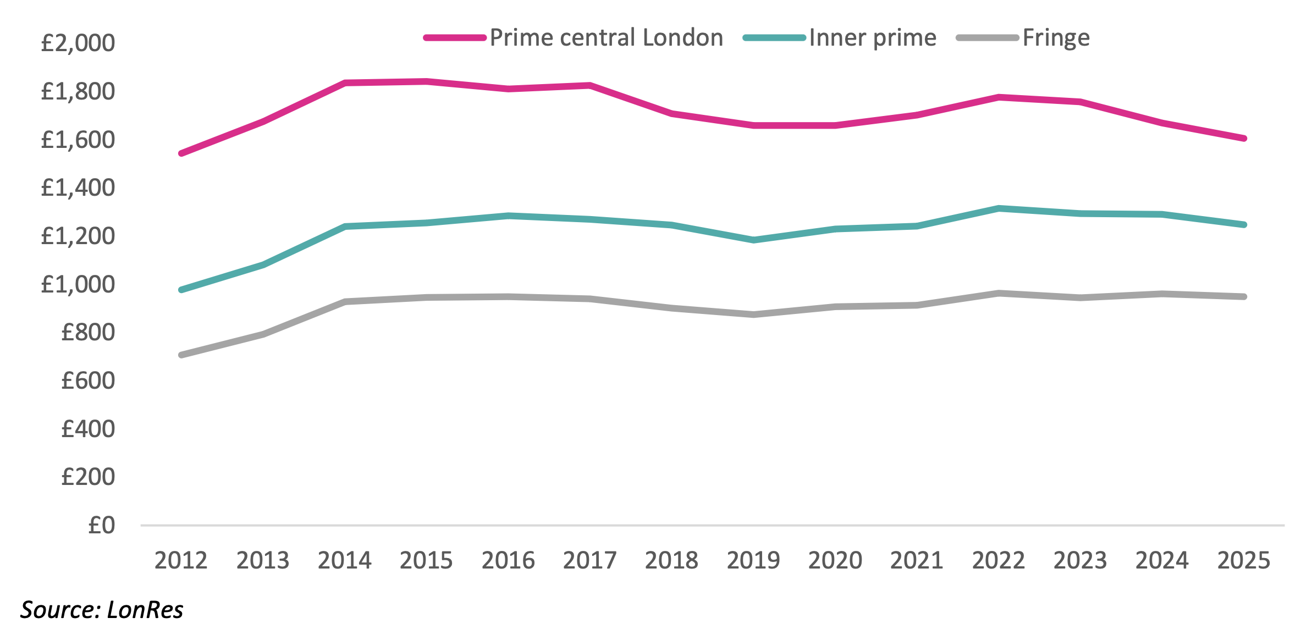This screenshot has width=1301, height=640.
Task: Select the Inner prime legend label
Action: click(873, 38)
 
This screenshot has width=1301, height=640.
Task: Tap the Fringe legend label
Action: click(1056, 38)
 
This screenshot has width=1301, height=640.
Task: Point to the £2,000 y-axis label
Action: click(78, 43)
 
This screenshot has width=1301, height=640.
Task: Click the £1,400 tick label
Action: click(78, 188)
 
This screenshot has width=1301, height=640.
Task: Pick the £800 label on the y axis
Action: click(88, 333)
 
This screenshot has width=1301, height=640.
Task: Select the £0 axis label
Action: click(102, 526)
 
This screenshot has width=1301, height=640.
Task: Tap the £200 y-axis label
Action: click(88, 477)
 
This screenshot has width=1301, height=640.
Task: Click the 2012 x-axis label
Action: click(181, 561)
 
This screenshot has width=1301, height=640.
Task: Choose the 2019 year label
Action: click(753, 561)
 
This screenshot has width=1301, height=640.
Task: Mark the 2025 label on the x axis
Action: click(1244, 561)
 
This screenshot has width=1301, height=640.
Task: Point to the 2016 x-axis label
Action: click(508, 561)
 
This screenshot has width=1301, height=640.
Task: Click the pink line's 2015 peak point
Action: click(426, 82)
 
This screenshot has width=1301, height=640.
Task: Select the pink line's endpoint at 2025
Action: click(1244, 139)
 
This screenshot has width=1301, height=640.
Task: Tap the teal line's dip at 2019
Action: click(753, 240)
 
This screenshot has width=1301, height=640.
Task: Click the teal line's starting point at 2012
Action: click(181, 290)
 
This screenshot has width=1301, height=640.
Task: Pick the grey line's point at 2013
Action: click(263, 334)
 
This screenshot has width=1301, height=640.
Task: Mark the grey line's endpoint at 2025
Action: click(1244, 297)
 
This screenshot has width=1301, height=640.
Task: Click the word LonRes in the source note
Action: click(145, 610)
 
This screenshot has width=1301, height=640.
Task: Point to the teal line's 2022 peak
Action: click(999, 208)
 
